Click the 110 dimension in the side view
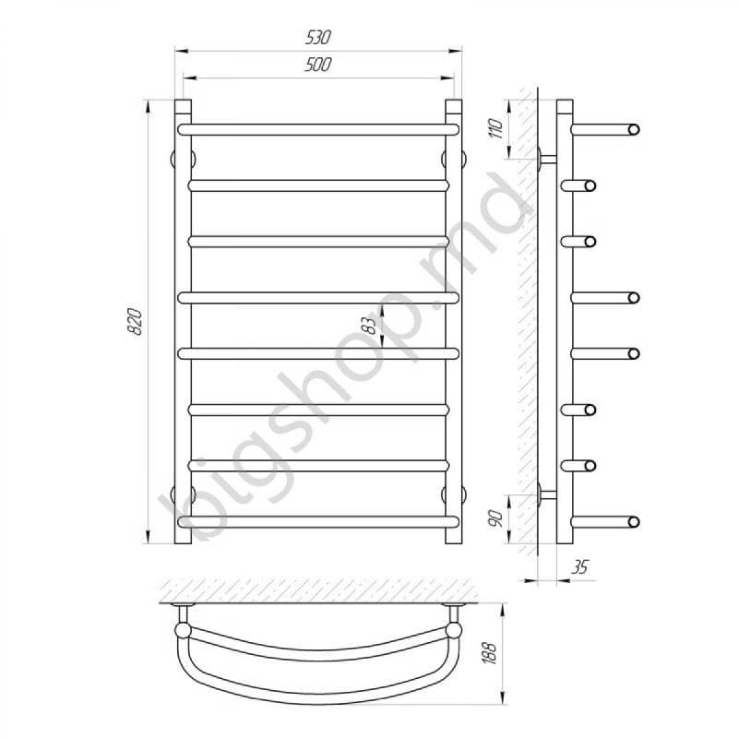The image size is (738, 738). (495, 127)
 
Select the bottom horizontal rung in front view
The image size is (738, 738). (318, 522)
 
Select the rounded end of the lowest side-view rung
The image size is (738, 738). (633, 522)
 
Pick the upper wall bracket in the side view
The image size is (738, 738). (546, 160)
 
